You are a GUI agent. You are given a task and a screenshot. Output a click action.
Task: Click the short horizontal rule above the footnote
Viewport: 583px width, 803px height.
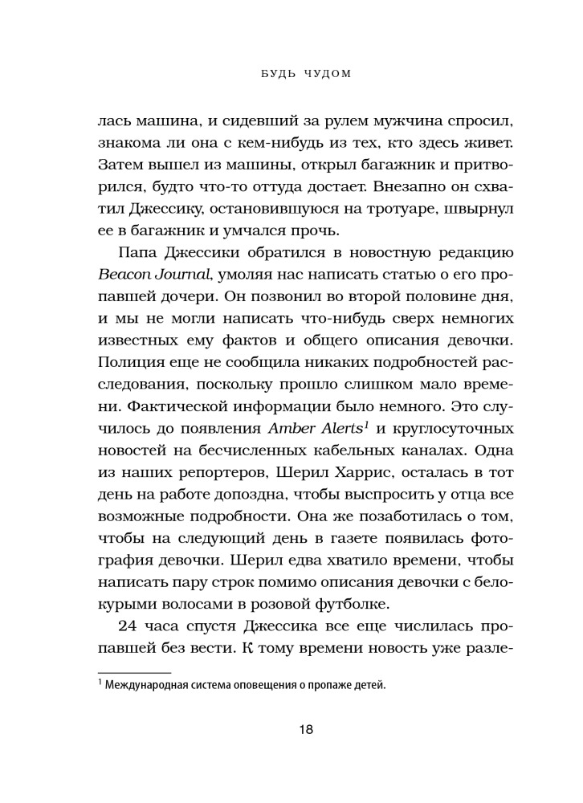point(133,671)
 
